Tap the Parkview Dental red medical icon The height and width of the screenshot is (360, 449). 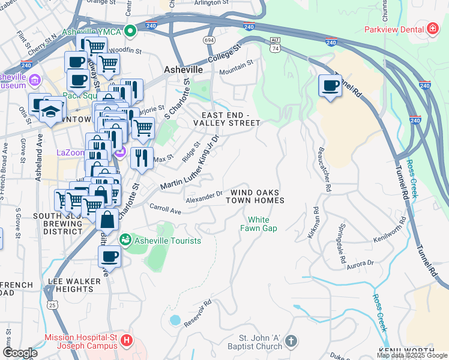click(432, 29)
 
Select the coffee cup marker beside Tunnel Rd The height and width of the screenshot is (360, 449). click(330, 86)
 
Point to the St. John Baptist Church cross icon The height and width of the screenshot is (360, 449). click(291, 341)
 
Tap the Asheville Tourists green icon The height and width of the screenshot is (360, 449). click(125, 240)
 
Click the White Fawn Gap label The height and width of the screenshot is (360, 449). click(255, 224)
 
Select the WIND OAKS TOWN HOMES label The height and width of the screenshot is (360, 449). click(255, 196)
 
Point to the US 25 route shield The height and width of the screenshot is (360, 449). click(53, 305)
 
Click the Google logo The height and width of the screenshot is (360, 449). click(20, 353)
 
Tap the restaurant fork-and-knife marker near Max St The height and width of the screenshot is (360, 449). click(142, 159)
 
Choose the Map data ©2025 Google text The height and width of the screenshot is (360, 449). click(412, 355)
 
